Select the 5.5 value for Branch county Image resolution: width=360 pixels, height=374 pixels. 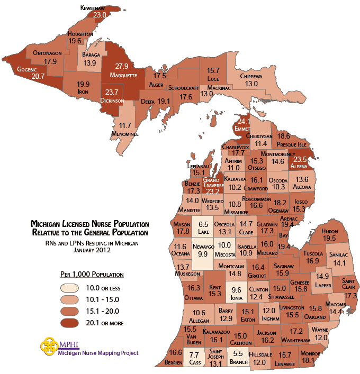(239, 353)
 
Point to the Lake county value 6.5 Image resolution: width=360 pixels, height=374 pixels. (203, 224)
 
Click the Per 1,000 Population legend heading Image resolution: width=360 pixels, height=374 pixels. (92, 275)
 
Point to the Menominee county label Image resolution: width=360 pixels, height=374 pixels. (125, 134)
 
